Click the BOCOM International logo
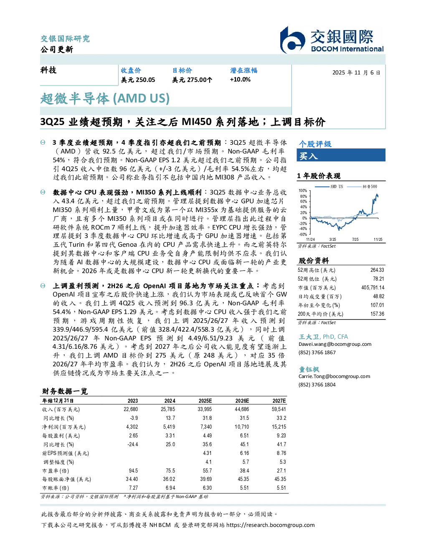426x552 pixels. pos(332,40)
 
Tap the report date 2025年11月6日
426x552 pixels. pos(356,73)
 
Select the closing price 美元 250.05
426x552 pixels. pos(138,80)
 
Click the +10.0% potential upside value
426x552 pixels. pos(240,79)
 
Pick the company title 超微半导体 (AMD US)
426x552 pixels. pos(105,99)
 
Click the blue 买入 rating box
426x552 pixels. pos(341,155)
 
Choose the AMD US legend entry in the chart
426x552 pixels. pos(329,187)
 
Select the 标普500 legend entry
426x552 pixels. pos(362,187)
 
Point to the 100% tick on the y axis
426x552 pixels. pos(303,191)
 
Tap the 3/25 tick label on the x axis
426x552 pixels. pos(332,239)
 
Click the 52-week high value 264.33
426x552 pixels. pos(377,270)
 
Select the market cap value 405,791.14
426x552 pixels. pos(373,287)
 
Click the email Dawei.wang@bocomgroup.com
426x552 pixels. pos(335,344)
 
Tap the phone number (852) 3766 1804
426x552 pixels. pos(317,385)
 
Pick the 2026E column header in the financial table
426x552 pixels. pos(242,401)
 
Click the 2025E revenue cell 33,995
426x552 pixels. pos(205,409)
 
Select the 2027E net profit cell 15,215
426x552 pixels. pos(279,427)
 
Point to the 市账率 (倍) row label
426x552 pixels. pos(56,488)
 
